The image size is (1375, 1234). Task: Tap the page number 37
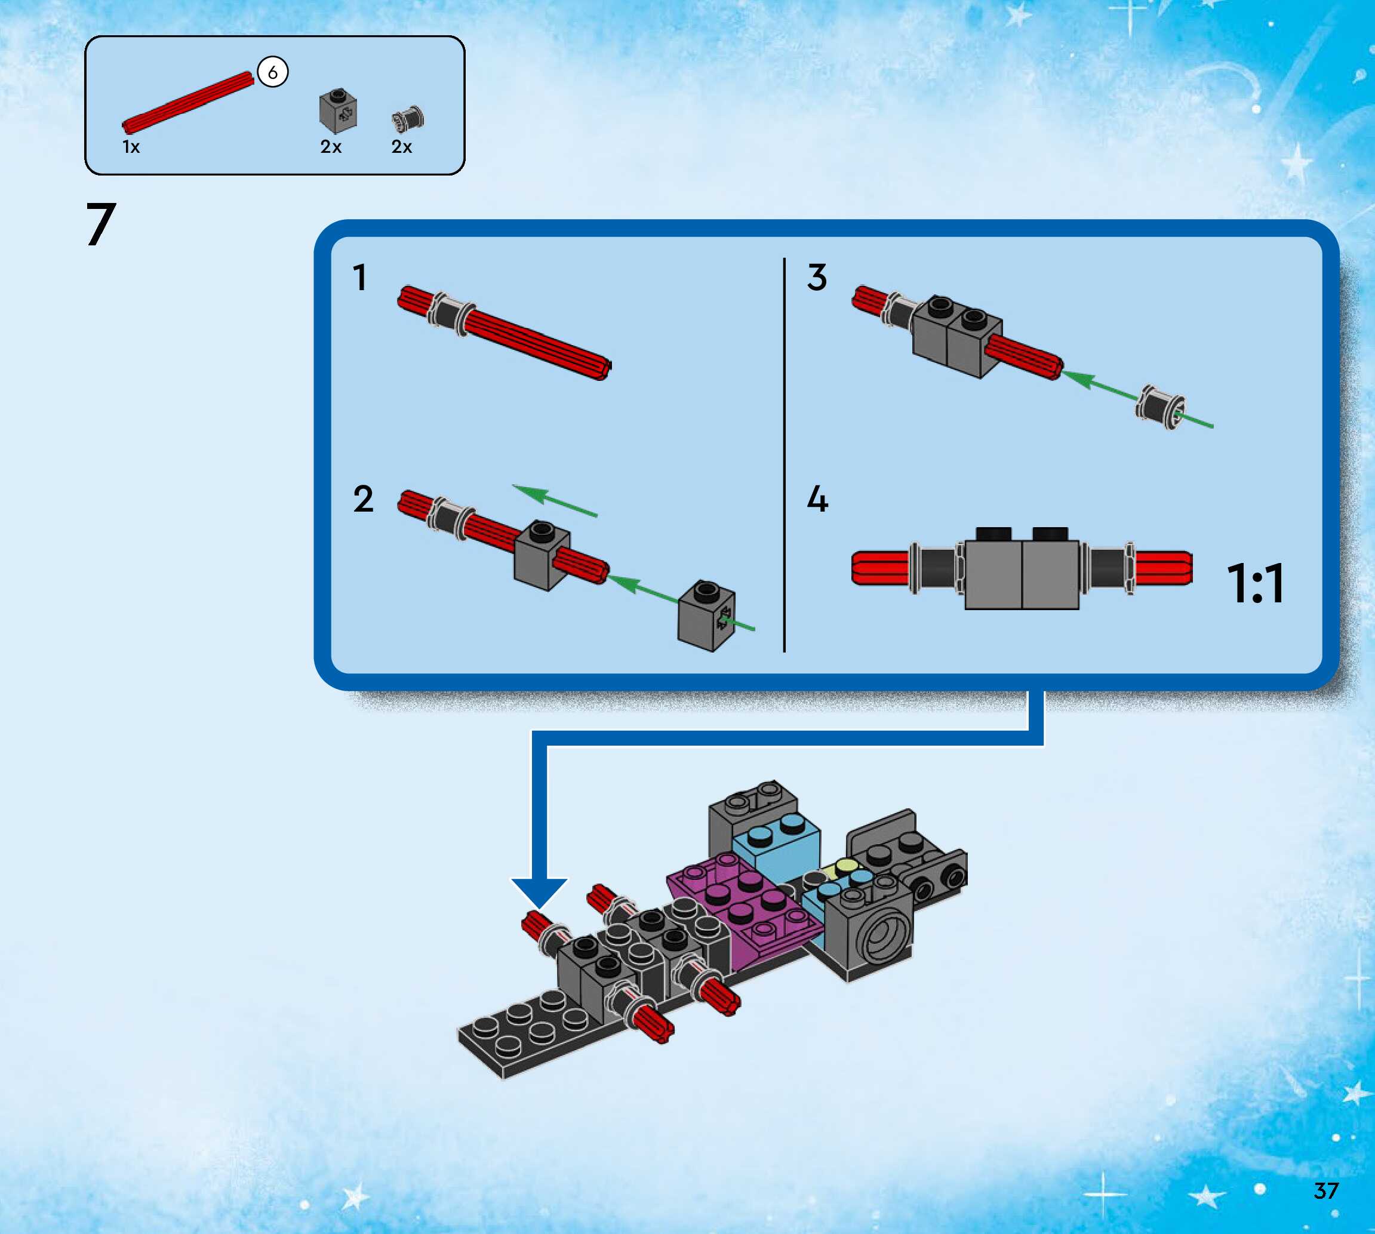click(1325, 1190)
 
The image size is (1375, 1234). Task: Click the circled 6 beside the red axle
click(273, 72)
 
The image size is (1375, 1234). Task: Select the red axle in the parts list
click(188, 102)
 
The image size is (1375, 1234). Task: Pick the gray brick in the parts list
click(338, 110)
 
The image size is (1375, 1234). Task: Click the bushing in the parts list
click(407, 119)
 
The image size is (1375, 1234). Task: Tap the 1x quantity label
click(131, 147)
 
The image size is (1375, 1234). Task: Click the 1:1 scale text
click(1255, 583)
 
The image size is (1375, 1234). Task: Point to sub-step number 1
click(360, 278)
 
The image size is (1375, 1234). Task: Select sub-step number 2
click(364, 499)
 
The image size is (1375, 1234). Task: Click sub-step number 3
click(817, 278)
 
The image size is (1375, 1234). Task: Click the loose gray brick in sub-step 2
click(706, 615)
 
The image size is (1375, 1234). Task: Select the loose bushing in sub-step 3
click(1161, 406)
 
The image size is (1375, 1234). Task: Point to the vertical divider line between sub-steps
click(785, 454)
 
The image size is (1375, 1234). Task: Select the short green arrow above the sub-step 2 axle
click(555, 500)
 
